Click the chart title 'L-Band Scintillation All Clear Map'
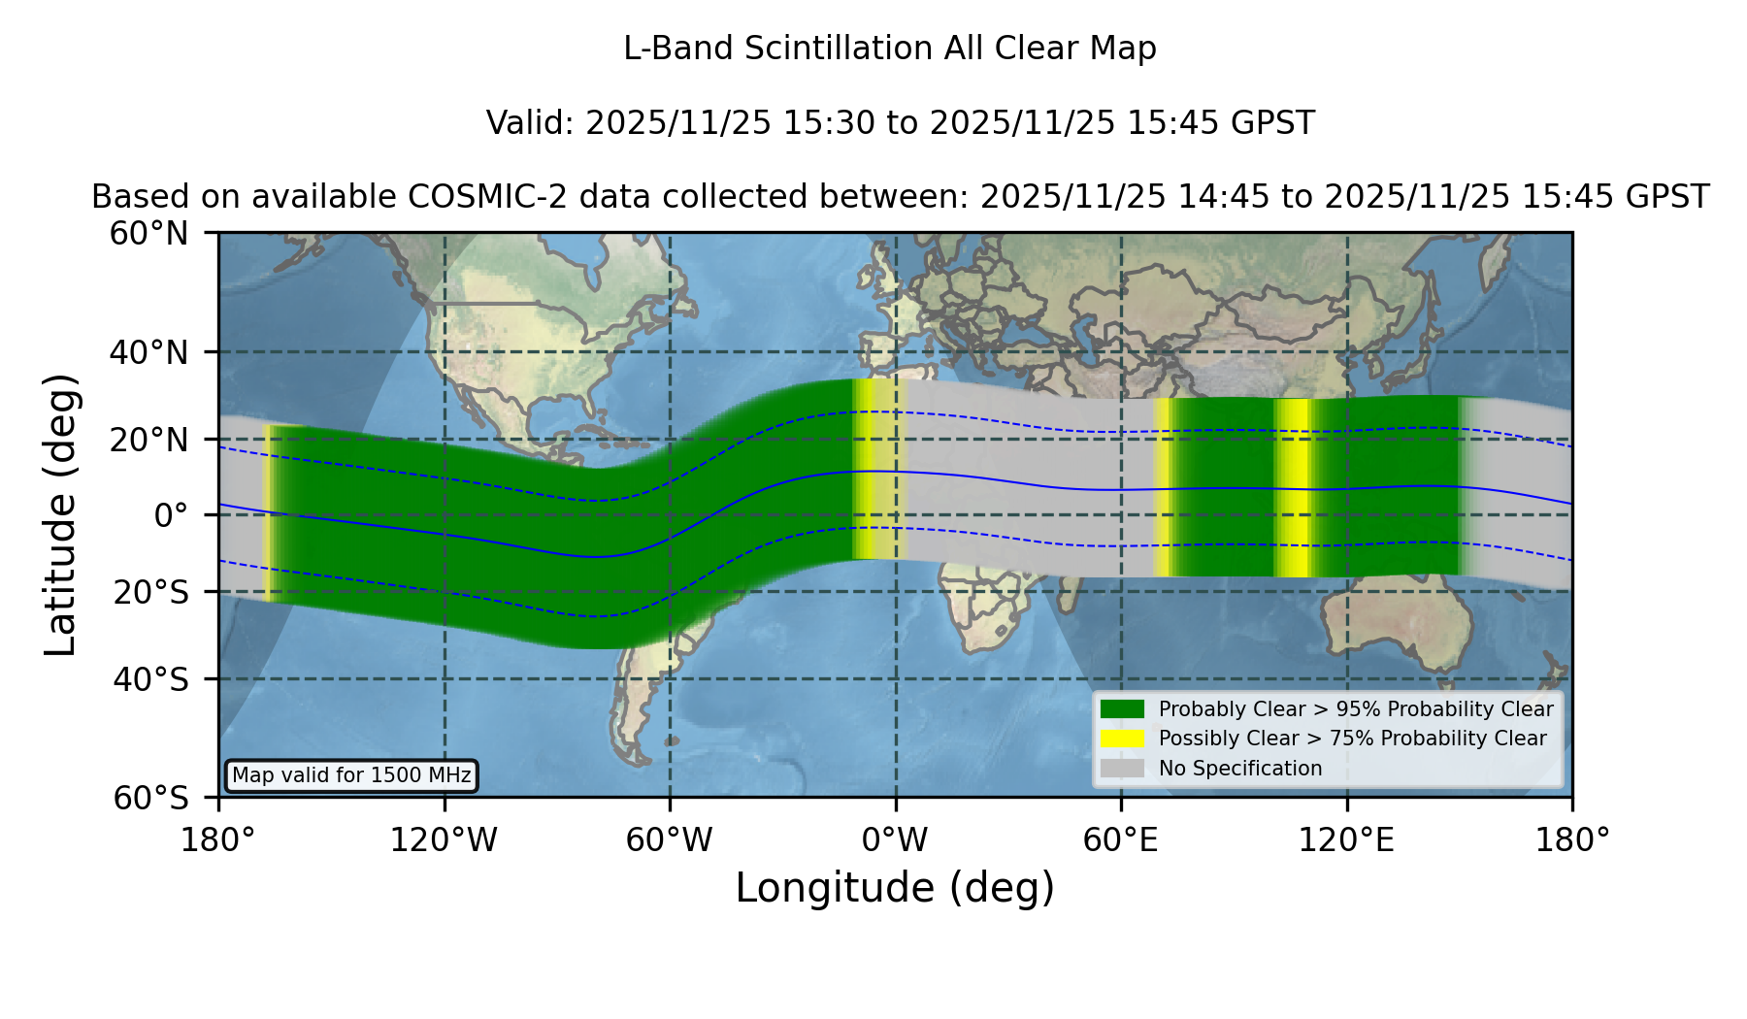889,49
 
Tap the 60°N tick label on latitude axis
148,234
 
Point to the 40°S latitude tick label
150,679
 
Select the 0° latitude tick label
171,515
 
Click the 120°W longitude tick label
444,839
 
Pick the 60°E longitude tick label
1121,839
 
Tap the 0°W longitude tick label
895,839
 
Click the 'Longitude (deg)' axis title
895,888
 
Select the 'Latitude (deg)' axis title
60,514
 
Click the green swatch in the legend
1122,709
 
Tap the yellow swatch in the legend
1122,739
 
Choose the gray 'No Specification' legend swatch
1122,769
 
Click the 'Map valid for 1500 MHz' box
351,775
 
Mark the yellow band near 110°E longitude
1293,488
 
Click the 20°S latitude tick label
150,592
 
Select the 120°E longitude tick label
1346,839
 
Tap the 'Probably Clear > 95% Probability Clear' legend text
1356,709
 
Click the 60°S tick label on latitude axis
150,798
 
